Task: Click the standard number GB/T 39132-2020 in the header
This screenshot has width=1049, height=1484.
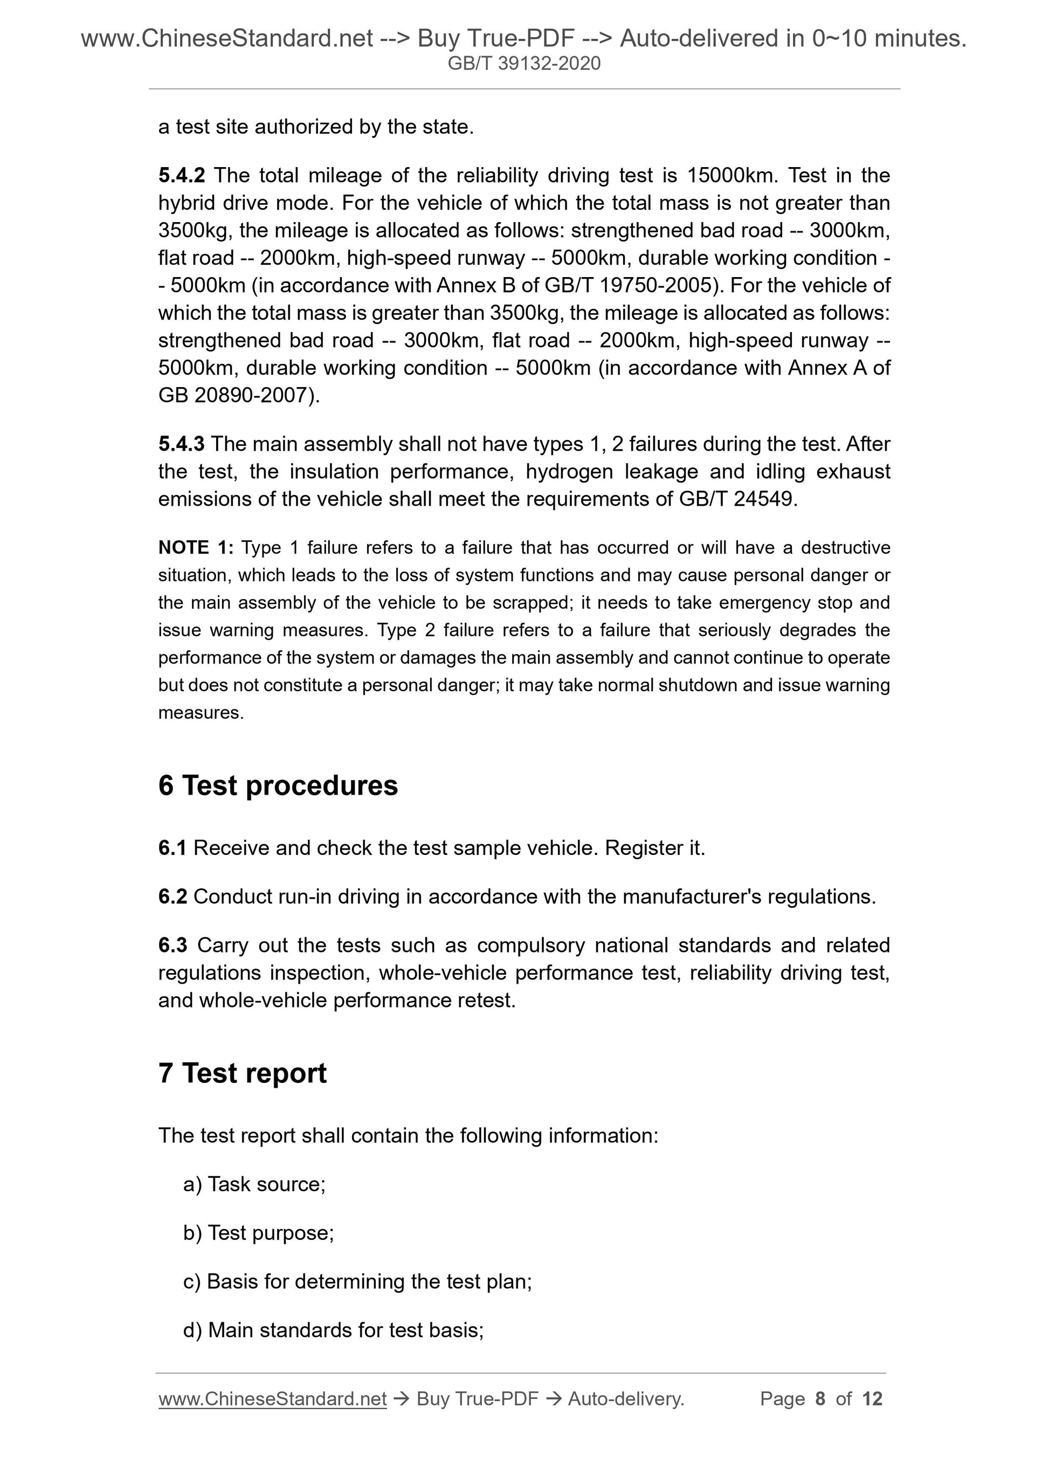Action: pos(524,64)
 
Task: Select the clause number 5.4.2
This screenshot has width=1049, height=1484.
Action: pos(181,175)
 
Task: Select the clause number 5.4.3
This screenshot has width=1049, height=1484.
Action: pos(181,444)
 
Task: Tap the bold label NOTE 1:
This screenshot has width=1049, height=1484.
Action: pos(195,548)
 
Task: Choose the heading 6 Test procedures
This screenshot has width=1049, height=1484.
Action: pos(278,786)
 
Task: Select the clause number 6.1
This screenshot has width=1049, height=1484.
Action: pos(172,848)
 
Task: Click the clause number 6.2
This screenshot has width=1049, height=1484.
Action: pos(172,897)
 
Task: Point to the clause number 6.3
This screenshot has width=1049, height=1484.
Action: pos(172,945)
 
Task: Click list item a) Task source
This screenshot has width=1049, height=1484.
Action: pos(254,1185)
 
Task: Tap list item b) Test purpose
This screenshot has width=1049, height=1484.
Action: pos(259,1233)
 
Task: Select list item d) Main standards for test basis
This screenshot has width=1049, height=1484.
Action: pos(334,1330)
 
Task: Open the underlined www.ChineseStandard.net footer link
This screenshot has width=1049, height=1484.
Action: pos(272,1399)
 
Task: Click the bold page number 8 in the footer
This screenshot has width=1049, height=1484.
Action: pos(820,1399)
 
